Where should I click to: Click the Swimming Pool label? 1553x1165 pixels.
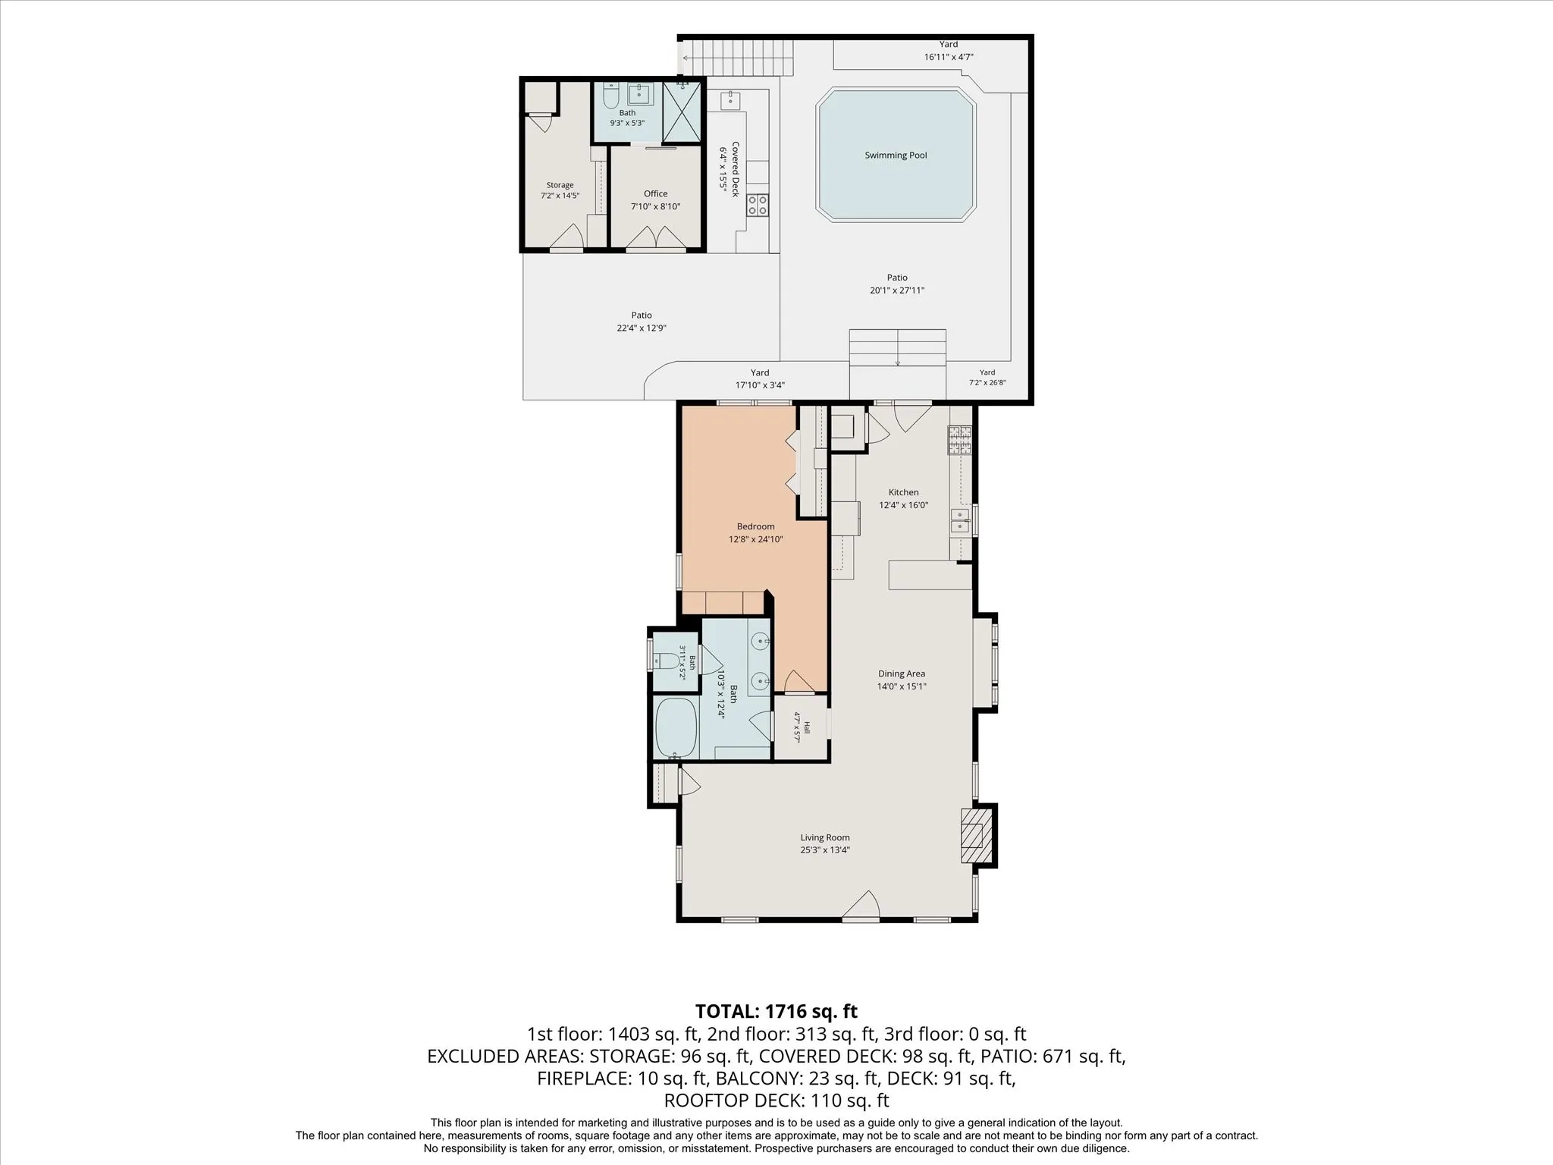tap(896, 155)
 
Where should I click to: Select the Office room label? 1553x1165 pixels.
tap(656, 194)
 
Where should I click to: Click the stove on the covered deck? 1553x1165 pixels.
tap(758, 205)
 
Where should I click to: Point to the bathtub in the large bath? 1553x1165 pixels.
tap(676, 728)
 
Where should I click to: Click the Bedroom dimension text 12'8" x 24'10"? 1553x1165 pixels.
tap(755, 540)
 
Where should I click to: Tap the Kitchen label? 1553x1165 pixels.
tap(903, 492)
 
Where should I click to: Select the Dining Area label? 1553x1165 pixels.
tap(902, 674)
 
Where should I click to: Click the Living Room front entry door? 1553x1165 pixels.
tap(861, 907)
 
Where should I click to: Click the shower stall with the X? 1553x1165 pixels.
tap(682, 111)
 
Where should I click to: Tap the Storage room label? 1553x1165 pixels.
tap(560, 185)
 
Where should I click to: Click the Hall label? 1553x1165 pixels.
tap(807, 727)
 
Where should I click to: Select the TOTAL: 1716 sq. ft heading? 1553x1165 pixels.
tap(776, 1011)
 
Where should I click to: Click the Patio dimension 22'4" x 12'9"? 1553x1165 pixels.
tap(642, 328)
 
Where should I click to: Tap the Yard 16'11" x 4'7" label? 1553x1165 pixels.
tap(949, 51)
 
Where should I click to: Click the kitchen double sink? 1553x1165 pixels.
tap(959, 520)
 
